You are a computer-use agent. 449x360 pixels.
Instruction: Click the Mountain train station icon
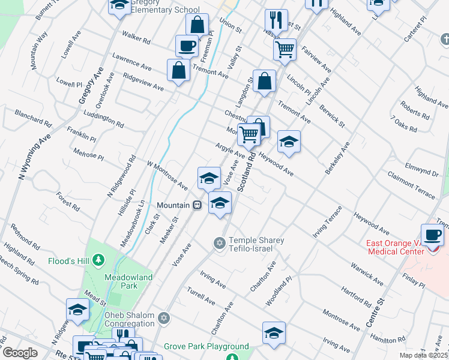196,205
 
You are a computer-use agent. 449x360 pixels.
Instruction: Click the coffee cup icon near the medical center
432,234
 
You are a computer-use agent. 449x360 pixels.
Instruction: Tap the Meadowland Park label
128,281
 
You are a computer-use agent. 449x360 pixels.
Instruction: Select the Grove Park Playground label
207,346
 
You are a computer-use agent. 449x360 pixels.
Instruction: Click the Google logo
20,353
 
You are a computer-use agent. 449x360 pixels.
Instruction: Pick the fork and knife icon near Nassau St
276,19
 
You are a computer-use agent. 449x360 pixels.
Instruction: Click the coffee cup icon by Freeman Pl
187,45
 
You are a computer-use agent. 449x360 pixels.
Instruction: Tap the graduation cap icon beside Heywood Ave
289,142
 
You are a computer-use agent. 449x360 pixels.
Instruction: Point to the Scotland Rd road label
246,172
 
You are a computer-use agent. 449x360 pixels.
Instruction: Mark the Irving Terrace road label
327,222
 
